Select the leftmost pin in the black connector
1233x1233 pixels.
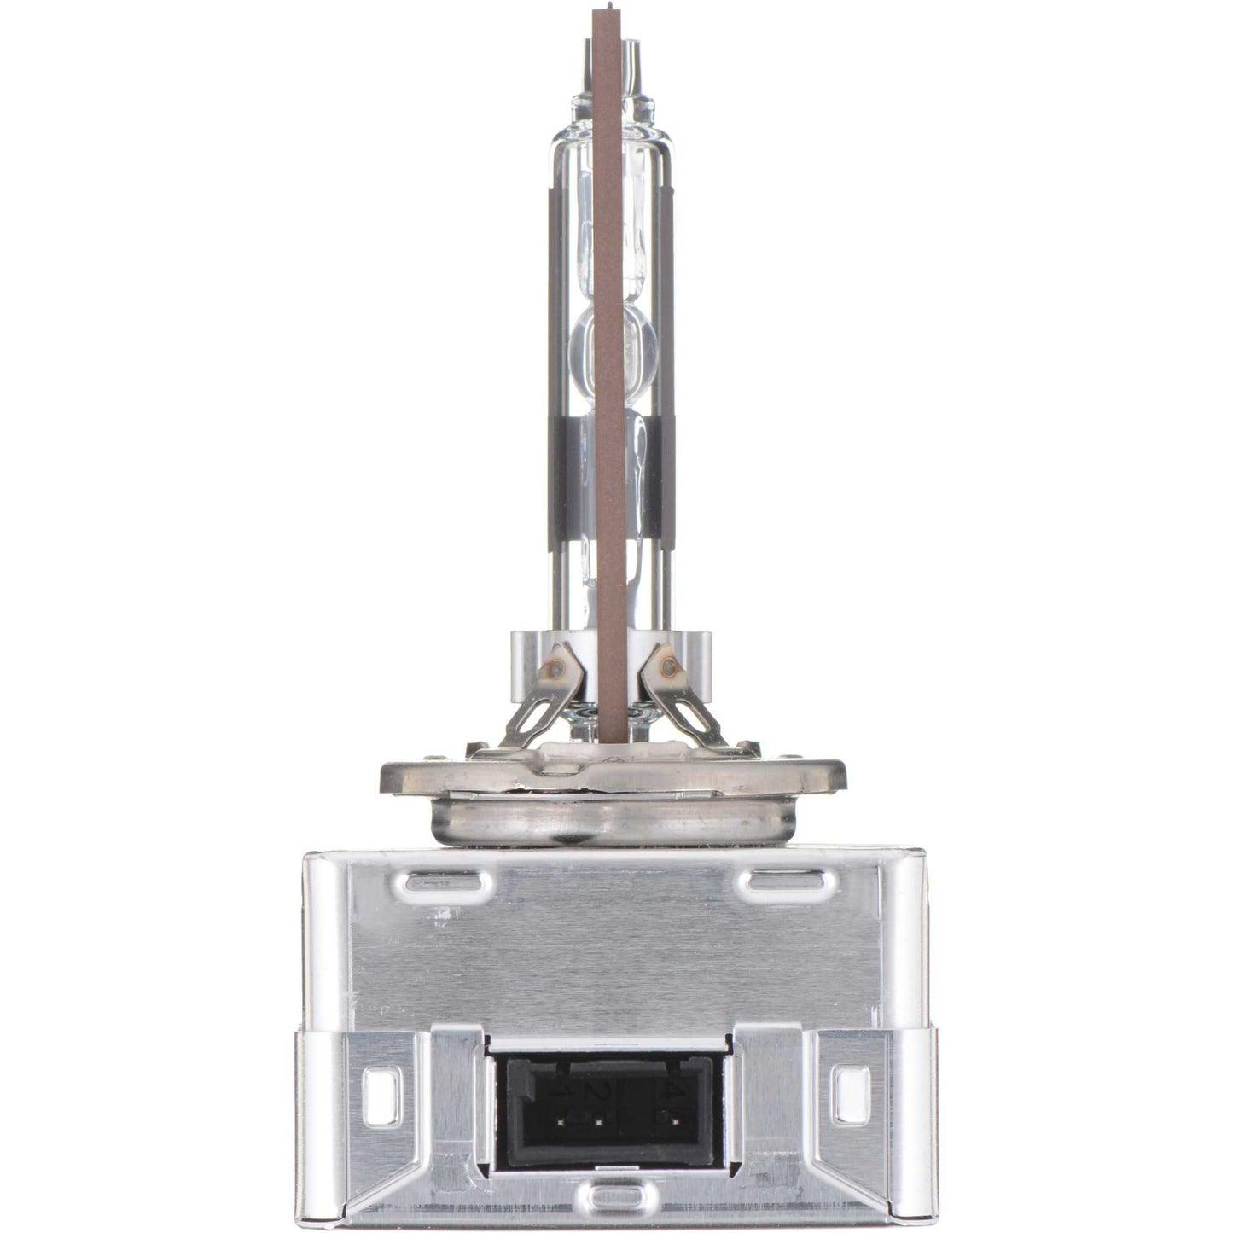560,1116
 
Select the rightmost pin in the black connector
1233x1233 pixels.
673,1116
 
